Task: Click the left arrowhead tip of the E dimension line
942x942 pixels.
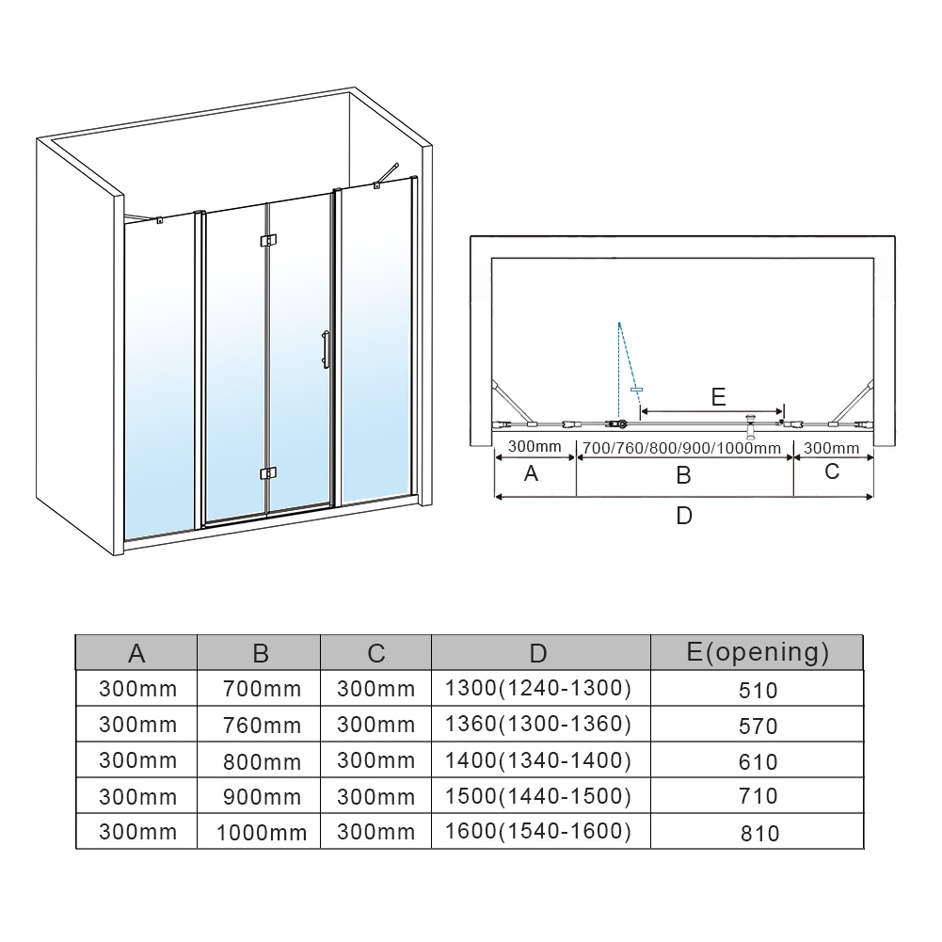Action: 641,411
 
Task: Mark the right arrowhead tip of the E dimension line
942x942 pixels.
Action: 783,411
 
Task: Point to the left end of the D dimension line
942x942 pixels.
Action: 494,497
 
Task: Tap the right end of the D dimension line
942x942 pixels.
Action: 873,497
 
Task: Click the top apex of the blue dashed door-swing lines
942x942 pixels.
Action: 619,323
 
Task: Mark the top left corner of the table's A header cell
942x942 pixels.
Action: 75,635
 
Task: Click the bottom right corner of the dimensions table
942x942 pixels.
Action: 863,848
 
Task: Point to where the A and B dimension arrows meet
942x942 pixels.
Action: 576,457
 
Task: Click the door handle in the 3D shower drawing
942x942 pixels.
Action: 326,349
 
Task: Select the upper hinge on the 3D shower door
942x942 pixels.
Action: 268,240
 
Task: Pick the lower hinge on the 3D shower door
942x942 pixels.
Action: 268,473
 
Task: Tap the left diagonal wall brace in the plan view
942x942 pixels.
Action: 513,401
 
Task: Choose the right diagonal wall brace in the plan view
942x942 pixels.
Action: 853,401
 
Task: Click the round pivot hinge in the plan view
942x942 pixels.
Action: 623,424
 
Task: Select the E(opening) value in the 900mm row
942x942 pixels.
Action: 758,796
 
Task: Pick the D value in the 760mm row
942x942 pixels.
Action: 537,725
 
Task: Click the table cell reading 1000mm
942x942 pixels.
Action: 262,833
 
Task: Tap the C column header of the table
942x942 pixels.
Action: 376,654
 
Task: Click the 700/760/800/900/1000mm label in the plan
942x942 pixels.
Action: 682,448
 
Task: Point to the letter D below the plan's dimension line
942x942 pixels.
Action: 684,516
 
